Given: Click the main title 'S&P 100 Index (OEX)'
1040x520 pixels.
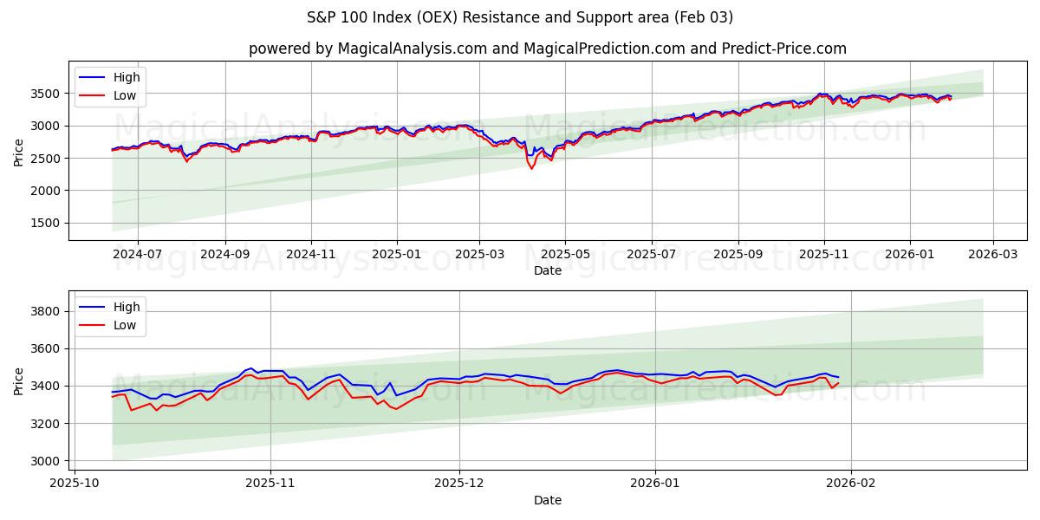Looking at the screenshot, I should click(x=520, y=17).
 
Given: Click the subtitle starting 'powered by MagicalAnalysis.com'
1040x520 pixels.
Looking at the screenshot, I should click(x=548, y=49).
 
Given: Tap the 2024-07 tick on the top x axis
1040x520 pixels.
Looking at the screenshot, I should click(x=138, y=255).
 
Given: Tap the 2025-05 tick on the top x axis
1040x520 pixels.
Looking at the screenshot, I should click(x=565, y=255).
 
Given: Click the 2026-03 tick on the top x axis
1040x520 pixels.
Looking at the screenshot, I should click(x=992, y=255).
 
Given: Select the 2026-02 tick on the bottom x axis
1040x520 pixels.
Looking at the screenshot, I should click(x=851, y=484).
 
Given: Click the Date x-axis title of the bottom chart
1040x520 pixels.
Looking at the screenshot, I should click(x=548, y=500).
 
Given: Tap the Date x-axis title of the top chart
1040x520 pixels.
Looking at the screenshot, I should click(x=548, y=270).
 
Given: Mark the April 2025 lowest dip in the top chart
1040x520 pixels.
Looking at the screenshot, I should click(x=531, y=168).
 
